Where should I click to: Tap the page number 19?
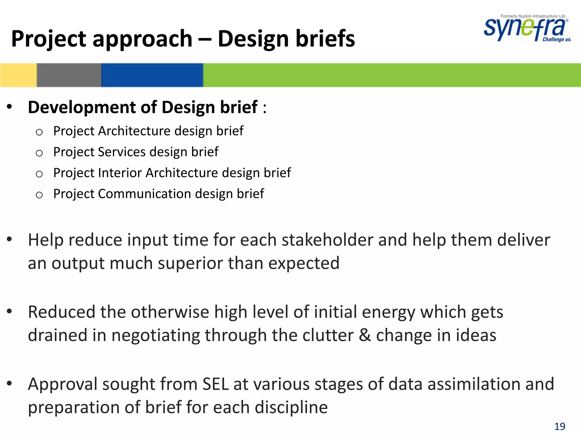pos(559,426)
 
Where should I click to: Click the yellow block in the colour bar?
pos(18,75)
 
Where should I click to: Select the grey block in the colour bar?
pos(69,75)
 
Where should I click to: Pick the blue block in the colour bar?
pos(152,75)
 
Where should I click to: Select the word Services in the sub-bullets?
pos(121,152)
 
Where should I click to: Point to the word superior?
pos(190,263)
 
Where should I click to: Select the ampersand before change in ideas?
pos(365,335)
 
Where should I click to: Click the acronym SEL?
pos(216,384)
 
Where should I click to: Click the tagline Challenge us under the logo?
pos(557,39)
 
